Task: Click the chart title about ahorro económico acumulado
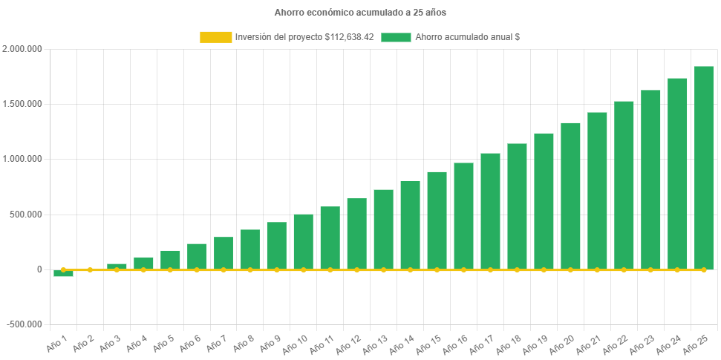click(x=360, y=13)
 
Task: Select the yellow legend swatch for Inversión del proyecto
click(x=215, y=37)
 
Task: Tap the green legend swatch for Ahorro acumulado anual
click(x=396, y=37)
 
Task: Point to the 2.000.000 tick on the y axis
click(x=22, y=49)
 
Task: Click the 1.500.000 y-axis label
click(x=22, y=104)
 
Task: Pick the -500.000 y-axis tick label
click(x=24, y=324)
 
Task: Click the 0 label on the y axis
click(x=39, y=269)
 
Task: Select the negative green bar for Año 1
click(x=64, y=274)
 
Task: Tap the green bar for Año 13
click(x=383, y=229)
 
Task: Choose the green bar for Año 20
click(x=570, y=196)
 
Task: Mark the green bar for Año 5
click(x=170, y=260)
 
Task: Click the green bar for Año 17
click(x=490, y=211)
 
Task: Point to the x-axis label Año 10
click(x=296, y=344)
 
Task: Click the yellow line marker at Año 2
click(x=91, y=269)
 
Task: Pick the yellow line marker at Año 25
click(x=703, y=269)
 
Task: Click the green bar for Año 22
click(x=624, y=185)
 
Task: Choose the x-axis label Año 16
click(x=456, y=344)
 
